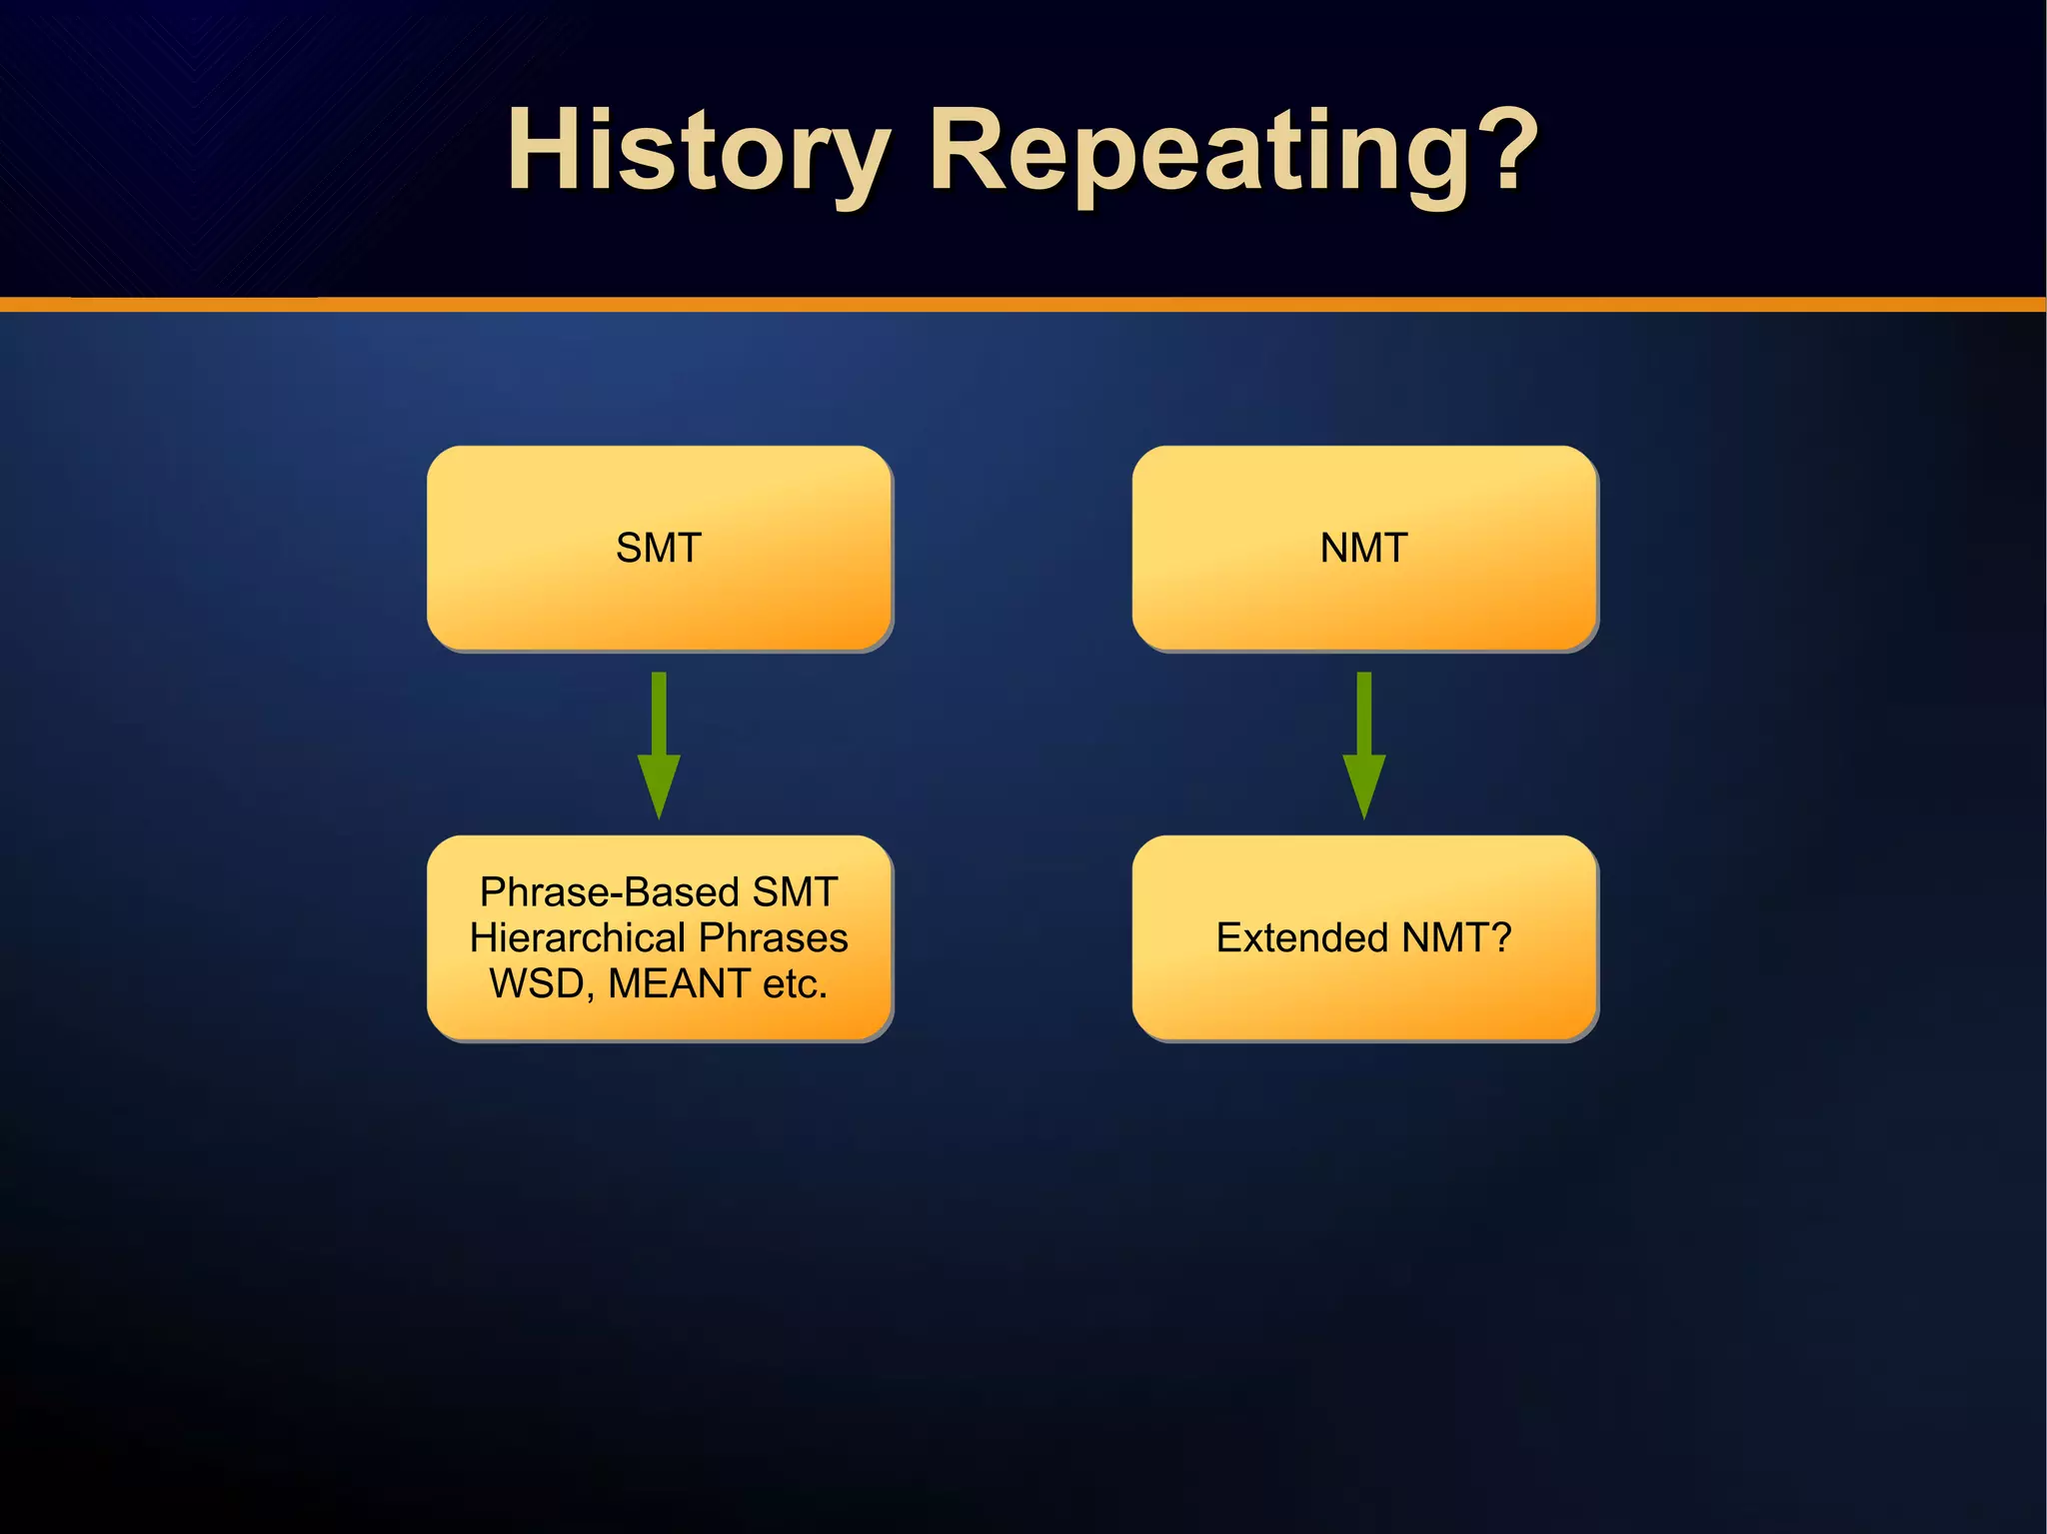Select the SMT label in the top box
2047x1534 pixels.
pos(659,548)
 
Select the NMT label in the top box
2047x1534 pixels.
pos(1363,548)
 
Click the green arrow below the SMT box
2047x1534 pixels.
pos(659,740)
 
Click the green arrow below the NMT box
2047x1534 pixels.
pos(1363,740)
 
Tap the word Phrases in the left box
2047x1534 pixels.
pos(774,937)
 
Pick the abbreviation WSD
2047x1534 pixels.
pos(541,983)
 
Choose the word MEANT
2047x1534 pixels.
pos(679,983)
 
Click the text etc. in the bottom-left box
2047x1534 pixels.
pos(795,983)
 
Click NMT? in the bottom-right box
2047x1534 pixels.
pos(1457,937)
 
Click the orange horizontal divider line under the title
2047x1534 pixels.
pos(1023,304)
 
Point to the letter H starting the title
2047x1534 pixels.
pos(545,152)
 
